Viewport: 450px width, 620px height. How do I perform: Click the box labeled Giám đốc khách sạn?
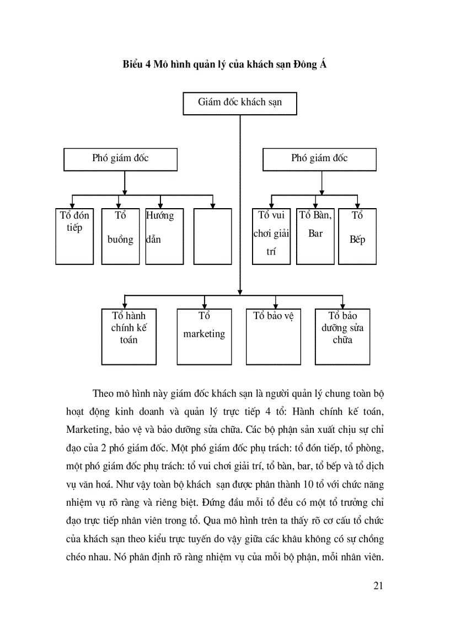239,103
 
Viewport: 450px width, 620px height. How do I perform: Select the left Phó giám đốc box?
120,159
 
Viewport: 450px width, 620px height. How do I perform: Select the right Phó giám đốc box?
319,159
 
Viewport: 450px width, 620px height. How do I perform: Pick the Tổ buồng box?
120,236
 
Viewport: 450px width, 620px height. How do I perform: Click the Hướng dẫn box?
160,236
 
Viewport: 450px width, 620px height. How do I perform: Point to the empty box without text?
213,236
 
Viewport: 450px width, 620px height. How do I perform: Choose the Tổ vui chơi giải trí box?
271,236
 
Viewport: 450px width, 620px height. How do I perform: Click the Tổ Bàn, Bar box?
315,236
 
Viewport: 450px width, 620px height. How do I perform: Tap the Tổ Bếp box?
357,236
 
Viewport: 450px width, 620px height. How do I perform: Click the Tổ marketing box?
204,337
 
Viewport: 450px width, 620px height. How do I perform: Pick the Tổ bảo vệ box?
274,337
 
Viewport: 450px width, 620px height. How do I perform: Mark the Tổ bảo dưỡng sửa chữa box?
342,337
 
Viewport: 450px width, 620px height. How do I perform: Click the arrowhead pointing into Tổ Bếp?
357,205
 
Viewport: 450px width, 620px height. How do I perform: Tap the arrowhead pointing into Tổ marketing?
205,305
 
